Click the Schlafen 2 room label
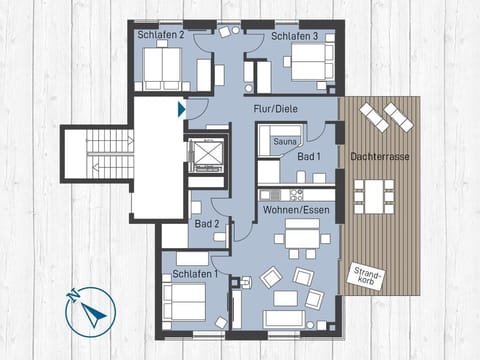160,35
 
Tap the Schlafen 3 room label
295,36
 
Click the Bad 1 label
309,157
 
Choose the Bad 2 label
207,223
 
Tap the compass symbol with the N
90,313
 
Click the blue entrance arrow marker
181,109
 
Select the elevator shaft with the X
208,158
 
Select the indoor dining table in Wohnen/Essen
301,238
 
